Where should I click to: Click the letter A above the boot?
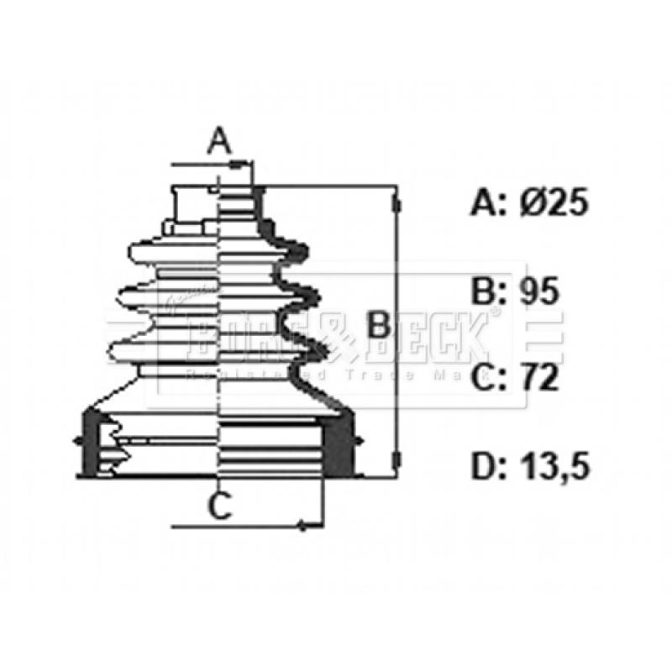219,139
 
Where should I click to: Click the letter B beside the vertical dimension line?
380,324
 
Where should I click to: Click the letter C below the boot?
219,506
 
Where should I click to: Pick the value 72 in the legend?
538,378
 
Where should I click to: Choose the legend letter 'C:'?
487,378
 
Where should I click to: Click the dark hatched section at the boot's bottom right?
339,444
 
